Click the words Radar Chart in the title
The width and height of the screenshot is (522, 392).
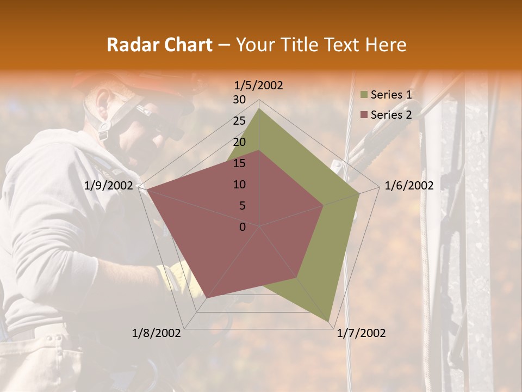[x=159, y=45]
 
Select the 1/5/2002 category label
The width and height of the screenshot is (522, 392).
[x=259, y=85]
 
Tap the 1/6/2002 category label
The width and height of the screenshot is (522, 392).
[x=409, y=186]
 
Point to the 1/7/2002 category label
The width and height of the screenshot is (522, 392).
[x=361, y=333]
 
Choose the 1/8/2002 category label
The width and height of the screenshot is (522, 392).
[x=157, y=333]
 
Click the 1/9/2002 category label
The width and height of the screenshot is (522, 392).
[x=109, y=186]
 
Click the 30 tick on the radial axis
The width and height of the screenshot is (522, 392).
[x=239, y=100]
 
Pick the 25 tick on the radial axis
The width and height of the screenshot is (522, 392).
[x=239, y=121]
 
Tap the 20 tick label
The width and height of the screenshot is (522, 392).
[x=239, y=142]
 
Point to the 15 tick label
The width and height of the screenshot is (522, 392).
[x=239, y=163]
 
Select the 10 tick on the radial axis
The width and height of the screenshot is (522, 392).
[x=239, y=185]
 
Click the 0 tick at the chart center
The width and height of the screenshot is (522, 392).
[x=243, y=227]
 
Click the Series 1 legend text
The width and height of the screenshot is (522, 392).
[x=391, y=95]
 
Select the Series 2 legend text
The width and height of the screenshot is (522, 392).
[x=391, y=114]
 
